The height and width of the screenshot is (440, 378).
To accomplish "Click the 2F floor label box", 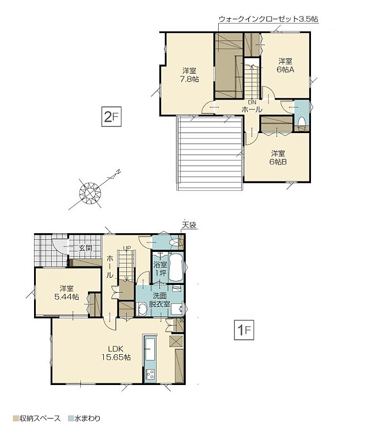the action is coord(112,117).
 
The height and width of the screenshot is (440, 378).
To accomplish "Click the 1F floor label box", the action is coord(244,330).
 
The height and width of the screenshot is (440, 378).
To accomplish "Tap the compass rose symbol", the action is coord(90,193).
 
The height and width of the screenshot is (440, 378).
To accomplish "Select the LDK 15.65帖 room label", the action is coord(116,353).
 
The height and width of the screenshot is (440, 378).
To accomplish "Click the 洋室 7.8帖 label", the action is coord(190,75).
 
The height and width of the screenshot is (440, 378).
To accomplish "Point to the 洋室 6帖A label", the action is coord(285,65).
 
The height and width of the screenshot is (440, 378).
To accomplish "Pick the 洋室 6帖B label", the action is coord(278,158).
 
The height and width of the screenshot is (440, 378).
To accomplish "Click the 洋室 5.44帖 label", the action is coord(66,293).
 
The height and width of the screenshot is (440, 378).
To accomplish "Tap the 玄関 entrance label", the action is coord(85,248).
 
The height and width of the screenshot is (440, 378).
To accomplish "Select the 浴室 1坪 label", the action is coord(160,268).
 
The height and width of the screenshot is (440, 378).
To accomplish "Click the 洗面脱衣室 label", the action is coord(159,300).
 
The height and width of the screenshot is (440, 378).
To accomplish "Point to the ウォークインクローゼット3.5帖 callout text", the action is coord(268,19).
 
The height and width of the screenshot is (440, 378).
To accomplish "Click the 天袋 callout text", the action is coord(189,225).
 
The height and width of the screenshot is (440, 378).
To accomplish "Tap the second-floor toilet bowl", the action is coord(302,122).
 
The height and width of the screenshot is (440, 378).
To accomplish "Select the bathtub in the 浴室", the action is coord(176,267).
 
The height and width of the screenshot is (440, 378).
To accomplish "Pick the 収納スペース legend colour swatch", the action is coord(15,419).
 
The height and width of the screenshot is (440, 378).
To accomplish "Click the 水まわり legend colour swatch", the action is coord(71,419).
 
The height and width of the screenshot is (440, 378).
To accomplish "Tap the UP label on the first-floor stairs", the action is coord(127,248).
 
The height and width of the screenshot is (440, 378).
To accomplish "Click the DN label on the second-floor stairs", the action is coord(252,103).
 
